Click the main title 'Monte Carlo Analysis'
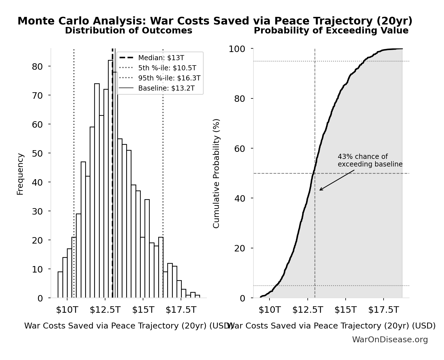tap(215, 21)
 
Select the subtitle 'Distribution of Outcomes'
tap(129, 30)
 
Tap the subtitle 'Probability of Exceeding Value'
tap(331, 30)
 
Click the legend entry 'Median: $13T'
tap(161, 58)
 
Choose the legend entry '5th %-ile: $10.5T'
tap(167, 68)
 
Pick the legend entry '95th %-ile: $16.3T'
tap(169, 78)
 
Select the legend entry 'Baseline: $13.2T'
tap(166, 88)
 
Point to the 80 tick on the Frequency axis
tap(37, 66)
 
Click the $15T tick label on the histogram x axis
tap(143, 310)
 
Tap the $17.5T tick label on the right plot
tap(384, 310)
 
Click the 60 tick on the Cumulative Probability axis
tap(239, 148)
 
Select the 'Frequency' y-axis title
tap(20, 174)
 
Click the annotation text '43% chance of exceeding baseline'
tap(370, 160)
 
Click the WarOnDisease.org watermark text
tap(390, 340)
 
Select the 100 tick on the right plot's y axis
tap(237, 49)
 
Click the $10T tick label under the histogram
tap(67, 310)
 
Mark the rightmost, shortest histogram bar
tap(198, 296)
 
